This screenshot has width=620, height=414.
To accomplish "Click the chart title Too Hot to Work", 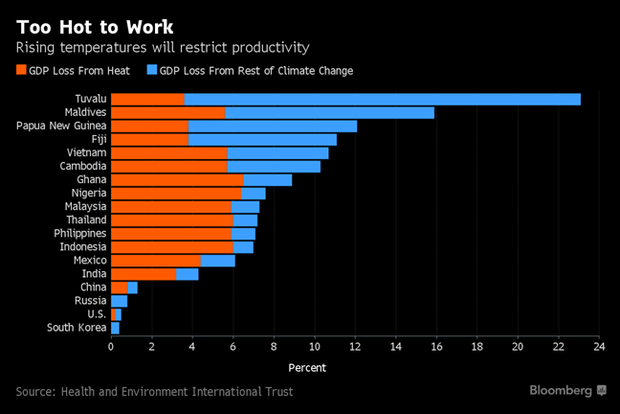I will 95,25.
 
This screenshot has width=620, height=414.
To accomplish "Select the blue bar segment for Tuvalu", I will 383,99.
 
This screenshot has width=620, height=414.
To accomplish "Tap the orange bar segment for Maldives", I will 167,112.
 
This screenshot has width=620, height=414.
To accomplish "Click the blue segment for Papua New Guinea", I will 273,126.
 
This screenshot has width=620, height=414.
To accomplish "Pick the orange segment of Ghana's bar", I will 177,179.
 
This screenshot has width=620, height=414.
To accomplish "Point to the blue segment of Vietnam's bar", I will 277,152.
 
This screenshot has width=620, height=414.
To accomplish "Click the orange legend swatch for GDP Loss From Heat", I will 22,70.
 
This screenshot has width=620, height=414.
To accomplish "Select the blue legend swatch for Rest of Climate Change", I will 151,70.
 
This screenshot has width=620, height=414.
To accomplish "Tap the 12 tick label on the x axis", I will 355,346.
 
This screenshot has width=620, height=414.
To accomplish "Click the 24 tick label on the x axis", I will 599,346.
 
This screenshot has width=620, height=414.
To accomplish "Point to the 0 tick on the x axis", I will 111,346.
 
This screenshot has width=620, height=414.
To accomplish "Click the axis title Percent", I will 306,368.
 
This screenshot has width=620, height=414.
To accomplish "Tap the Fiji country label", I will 96,139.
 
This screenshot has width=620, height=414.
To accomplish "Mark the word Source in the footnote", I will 35,391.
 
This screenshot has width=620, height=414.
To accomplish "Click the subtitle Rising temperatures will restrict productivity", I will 162,47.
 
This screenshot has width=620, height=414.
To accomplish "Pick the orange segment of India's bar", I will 144,274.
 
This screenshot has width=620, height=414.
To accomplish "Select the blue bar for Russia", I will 119,301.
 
